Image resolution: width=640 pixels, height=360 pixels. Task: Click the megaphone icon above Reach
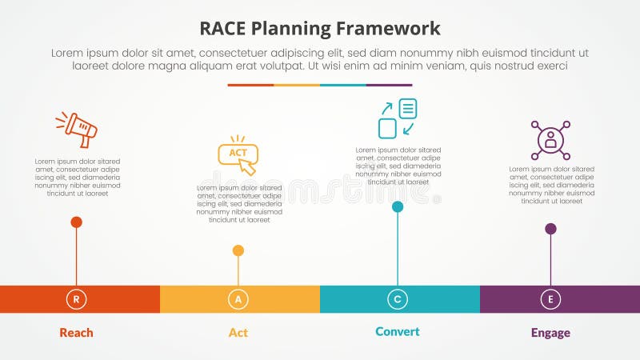click(77, 129)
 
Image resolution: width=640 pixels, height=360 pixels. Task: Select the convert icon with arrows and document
click(398, 118)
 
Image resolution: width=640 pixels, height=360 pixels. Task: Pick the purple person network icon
click(550, 140)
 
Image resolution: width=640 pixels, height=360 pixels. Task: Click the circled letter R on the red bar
click(77, 299)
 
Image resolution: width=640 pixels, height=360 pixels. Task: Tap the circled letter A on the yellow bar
click(238, 299)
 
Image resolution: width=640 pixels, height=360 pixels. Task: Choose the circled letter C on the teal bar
click(398, 299)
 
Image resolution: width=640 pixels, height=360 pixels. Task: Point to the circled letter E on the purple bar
click(550, 299)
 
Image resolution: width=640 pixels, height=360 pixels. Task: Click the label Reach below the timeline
click(77, 333)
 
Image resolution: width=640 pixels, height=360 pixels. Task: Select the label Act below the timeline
click(238, 333)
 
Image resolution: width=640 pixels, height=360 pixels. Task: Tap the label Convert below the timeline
click(398, 331)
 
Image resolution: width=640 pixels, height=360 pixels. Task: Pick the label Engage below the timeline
click(550, 333)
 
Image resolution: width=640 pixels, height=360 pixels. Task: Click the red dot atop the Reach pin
click(77, 222)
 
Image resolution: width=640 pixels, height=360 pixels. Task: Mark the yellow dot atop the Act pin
click(238, 250)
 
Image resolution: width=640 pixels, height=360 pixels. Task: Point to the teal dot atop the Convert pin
click(398, 206)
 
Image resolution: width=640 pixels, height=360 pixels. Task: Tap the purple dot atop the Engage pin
click(550, 229)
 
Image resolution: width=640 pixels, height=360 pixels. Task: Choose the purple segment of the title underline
click(389, 85)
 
